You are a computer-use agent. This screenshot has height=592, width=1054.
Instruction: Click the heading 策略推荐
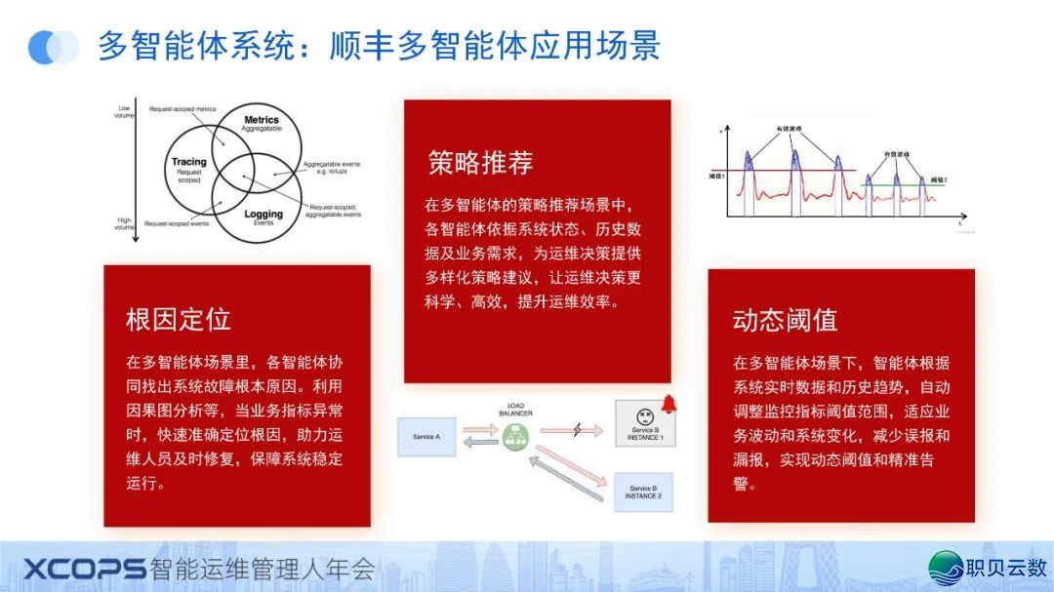(480, 163)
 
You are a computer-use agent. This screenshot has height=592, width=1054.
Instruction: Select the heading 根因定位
(179, 319)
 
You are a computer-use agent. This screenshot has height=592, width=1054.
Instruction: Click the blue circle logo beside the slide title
(53, 47)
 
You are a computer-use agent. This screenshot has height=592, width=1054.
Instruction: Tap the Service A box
(426, 437)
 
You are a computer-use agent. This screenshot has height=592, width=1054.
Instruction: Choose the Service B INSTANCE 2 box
(643, 492)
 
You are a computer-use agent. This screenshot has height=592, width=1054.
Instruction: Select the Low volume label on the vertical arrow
(124, 110)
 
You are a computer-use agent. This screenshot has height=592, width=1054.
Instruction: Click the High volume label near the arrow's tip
(124, 223)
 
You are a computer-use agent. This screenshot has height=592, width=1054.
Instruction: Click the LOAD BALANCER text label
(515, 410)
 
